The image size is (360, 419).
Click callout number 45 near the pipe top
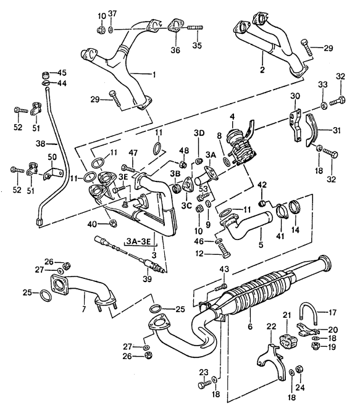62,73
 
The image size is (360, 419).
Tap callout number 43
224,268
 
